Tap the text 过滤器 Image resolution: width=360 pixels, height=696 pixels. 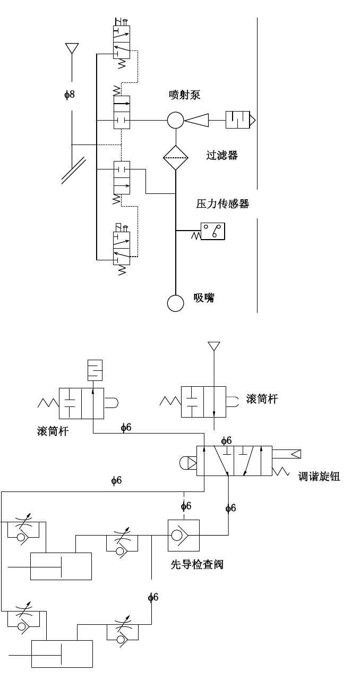click(x=222, y=155)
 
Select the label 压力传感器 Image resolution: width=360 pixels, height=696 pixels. click(x=222, y=203)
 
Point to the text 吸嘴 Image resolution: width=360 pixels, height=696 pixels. click(x=204, y=298)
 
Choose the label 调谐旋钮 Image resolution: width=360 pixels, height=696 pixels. click(x=319, y=476)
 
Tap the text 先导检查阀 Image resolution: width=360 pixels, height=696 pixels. click(x=196, y=564)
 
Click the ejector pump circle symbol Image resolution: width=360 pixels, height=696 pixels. click(x=175, y=121)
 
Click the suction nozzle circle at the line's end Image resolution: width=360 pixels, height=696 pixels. click(x=175, y=303)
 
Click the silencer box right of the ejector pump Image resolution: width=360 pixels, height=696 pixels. click(x=239, y=120)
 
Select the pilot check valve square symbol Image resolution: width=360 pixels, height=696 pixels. click(x=184, y=535)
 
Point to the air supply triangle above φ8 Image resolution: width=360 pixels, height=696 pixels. click(x=72, y=48)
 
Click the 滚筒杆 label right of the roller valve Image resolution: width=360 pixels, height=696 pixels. click(x=262, y=399)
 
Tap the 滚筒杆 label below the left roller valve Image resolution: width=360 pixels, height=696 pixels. click(x=53, y=431)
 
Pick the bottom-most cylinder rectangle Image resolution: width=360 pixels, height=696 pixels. click(x=62, y=653)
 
